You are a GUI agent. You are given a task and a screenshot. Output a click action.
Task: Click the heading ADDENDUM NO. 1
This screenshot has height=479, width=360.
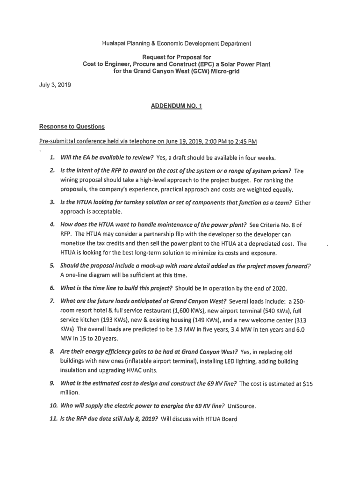176,106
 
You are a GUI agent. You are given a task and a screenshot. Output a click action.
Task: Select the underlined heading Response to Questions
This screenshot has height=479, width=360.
72,127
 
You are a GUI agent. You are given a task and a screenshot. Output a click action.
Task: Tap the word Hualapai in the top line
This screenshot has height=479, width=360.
114,44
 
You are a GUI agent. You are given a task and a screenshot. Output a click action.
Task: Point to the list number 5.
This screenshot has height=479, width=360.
53,266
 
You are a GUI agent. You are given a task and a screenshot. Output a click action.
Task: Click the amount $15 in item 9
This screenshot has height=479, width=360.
308,384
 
